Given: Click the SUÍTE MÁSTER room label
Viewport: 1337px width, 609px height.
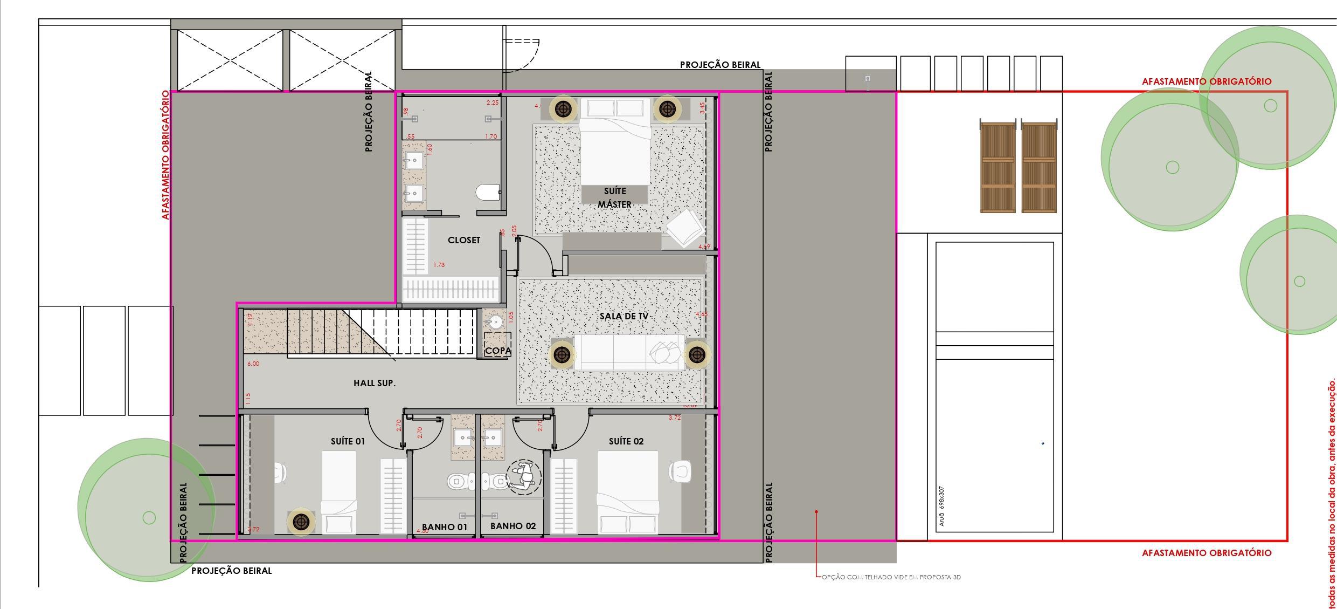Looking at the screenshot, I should [x=615, y=198].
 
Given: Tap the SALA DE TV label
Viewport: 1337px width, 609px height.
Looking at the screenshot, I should [x=624, y=316].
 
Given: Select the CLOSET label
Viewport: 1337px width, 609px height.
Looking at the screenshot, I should [x=464, y=240].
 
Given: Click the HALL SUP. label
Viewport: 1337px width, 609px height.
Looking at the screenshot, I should [x=375, y=383].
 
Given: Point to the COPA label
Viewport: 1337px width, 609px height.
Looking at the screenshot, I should [x=497, y=351].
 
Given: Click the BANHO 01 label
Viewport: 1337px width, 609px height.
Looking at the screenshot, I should [x=445, y=527].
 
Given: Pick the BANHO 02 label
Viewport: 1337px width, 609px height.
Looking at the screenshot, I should [x=513, y=526].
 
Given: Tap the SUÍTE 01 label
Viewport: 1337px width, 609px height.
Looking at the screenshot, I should [x=348, y=441].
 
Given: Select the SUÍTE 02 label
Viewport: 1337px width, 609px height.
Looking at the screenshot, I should [x=626, y=441].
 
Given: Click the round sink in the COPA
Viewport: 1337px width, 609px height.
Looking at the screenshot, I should [x=494, y=323].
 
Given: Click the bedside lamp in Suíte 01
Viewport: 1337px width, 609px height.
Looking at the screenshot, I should [x=301, y=522].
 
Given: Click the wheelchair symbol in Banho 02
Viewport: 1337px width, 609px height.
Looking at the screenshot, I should [x=523, y=477].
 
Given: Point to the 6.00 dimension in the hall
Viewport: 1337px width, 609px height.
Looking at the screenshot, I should [x=253, y=364].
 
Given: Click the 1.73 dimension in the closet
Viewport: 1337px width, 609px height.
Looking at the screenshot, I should [x=439, y=265].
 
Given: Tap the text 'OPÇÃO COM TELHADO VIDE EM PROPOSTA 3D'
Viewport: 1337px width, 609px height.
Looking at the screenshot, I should [x=891, y=577].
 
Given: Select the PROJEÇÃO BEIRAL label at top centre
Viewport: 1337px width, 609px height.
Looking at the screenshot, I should [x=720, y=65].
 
